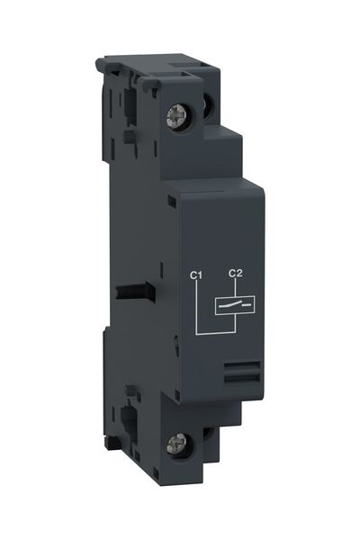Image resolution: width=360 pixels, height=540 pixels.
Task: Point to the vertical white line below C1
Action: click(195, 306)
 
